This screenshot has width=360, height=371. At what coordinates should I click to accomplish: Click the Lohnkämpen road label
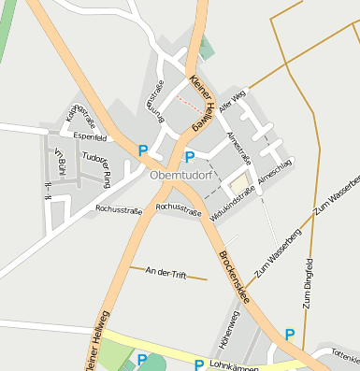[232, 365]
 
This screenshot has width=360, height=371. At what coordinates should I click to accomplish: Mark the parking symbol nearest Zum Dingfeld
[290, 335]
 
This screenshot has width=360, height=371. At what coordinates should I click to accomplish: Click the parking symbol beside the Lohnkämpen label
[198, 364]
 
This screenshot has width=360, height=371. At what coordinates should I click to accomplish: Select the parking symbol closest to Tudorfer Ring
[143, 150]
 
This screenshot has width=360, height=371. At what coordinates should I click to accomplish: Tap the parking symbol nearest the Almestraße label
[190, 157]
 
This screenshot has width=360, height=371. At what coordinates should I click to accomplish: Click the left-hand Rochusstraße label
[119, 210]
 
